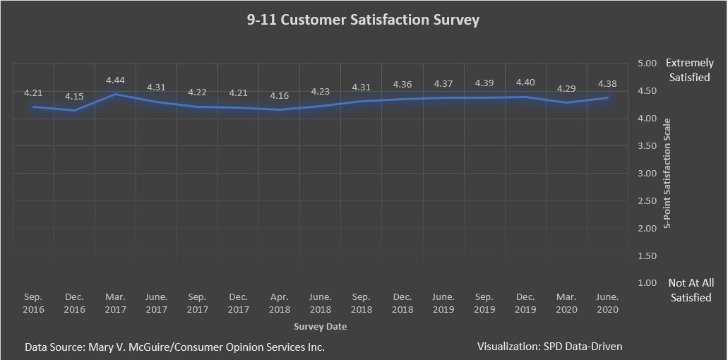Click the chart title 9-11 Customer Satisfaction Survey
[363, 20]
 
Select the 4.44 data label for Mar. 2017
[115, 80]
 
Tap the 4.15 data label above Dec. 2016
[74, 96]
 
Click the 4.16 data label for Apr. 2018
[280, 95]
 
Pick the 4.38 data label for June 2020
[607, 84]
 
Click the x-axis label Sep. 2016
[33, 304]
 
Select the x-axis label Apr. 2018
[280, 304]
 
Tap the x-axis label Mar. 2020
[566, 304]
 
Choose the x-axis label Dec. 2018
[402, 304]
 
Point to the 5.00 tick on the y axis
[648, 64]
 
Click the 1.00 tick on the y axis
[648, 283]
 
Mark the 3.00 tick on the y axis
[648, 174]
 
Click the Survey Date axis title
[320, 327]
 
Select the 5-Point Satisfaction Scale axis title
[667, 174]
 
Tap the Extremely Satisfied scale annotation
[689, 70]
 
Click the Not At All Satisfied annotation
[691, 290]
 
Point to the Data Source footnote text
[174, 347]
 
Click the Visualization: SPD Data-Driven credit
[549, 347]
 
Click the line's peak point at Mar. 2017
[115, 94]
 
